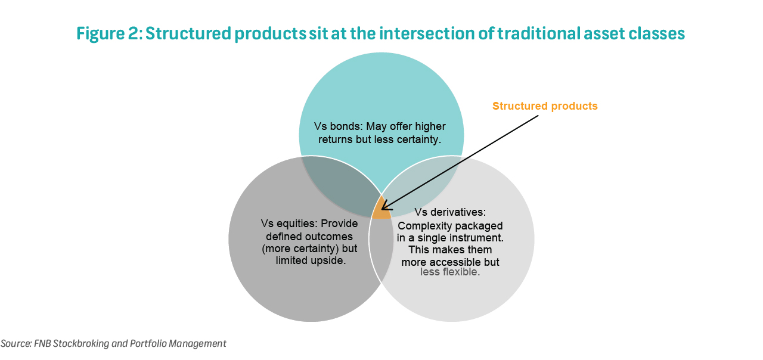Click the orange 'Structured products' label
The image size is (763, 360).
[x=545, y=106]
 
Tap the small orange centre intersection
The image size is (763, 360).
[x=380, y=209]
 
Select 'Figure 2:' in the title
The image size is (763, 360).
[x=108, y=33]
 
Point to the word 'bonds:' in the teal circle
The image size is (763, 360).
[x=345, y=126]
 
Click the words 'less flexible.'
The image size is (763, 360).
[x=450, y=272]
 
